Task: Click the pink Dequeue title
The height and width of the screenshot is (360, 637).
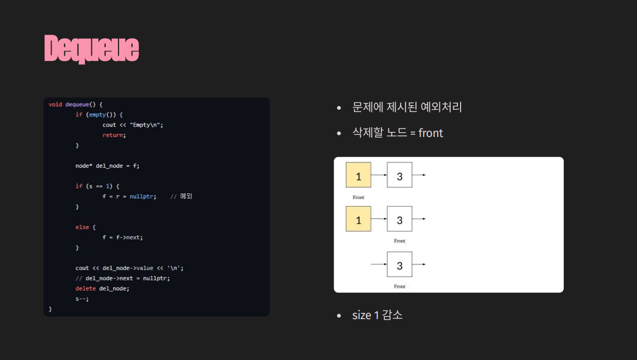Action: pos(91,49)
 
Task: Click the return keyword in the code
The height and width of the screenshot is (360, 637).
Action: pos(114,135)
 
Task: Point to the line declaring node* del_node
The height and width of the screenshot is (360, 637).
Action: pos(107,166)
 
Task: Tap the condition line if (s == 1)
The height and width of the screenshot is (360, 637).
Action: pos(98,186)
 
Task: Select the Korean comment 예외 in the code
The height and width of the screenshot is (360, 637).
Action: pos(186,196)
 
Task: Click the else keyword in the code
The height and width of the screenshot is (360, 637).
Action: pos(82,227)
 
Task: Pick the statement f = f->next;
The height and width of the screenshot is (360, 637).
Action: pos(123,237)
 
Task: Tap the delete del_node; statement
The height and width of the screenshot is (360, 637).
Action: pos(103,288)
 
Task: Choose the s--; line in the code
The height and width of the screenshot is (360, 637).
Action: pos(82,298)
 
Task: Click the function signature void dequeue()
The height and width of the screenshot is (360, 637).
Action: pos(75,105)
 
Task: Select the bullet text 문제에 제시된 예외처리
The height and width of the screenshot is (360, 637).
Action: pos(407,107)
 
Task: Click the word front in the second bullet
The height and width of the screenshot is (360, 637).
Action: pos(430,133)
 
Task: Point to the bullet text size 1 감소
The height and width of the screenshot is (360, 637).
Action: pos(377,315)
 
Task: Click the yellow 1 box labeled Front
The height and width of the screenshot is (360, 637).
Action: pos(359,175)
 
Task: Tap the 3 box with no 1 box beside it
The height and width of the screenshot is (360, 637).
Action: pos(400,264)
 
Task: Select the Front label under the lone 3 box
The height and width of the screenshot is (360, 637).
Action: pos(400,287)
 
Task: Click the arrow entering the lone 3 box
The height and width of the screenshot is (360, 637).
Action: pos(378,264)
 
